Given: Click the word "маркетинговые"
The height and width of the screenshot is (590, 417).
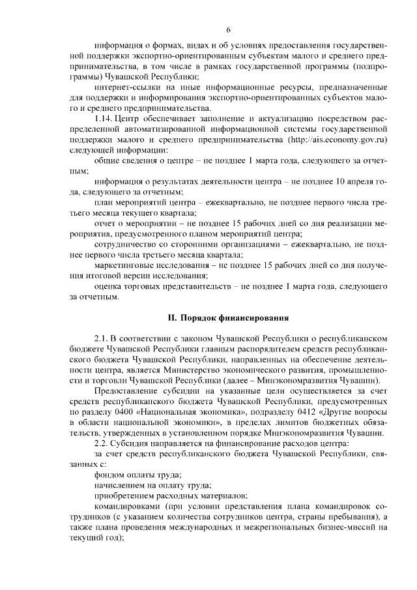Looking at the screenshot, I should tap(126, 266).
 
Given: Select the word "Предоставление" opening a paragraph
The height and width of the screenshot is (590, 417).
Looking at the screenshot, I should tap(127, 392).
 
